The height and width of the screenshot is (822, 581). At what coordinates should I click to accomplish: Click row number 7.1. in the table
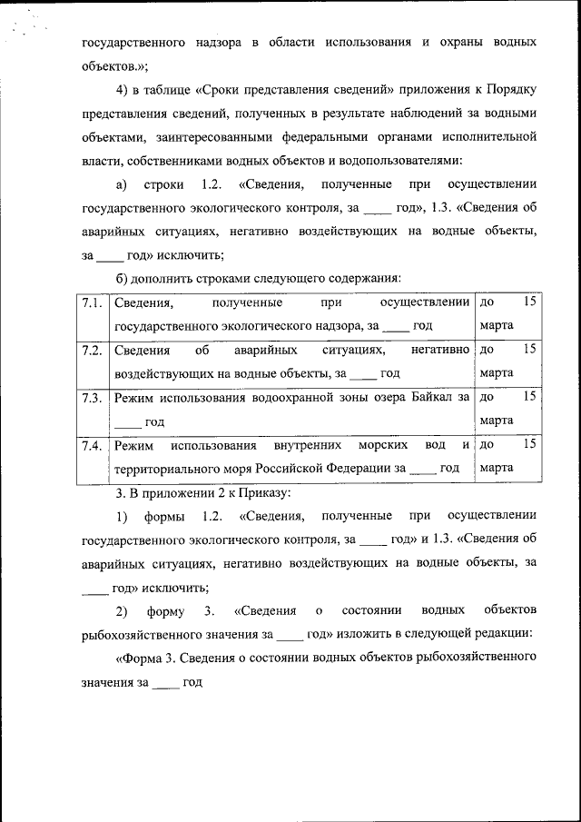(x=90, y=302)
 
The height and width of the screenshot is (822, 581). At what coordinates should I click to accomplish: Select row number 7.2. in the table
(x=90, y=350)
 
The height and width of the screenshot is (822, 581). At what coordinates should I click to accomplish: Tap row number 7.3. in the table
(x=90, y=398)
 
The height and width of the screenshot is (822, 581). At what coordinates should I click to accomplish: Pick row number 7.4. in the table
(x=90, y=446)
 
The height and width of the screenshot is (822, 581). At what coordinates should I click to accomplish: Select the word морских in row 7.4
(x=379, y=445)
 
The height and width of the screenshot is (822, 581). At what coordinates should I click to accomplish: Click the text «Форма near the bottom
(x=140, y=657)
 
